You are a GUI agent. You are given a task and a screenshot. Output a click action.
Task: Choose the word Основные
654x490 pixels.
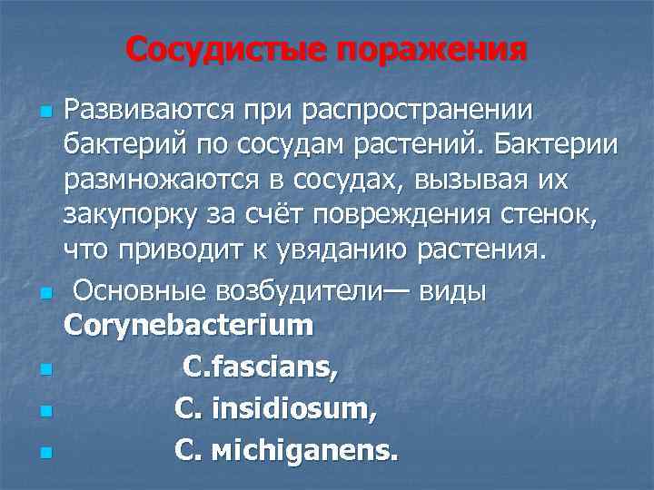click(x=141, y=292)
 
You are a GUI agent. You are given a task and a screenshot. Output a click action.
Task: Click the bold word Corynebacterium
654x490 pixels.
click(x=188, y=325)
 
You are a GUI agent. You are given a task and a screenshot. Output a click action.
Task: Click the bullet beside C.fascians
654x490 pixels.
click(x=45, y=370)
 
